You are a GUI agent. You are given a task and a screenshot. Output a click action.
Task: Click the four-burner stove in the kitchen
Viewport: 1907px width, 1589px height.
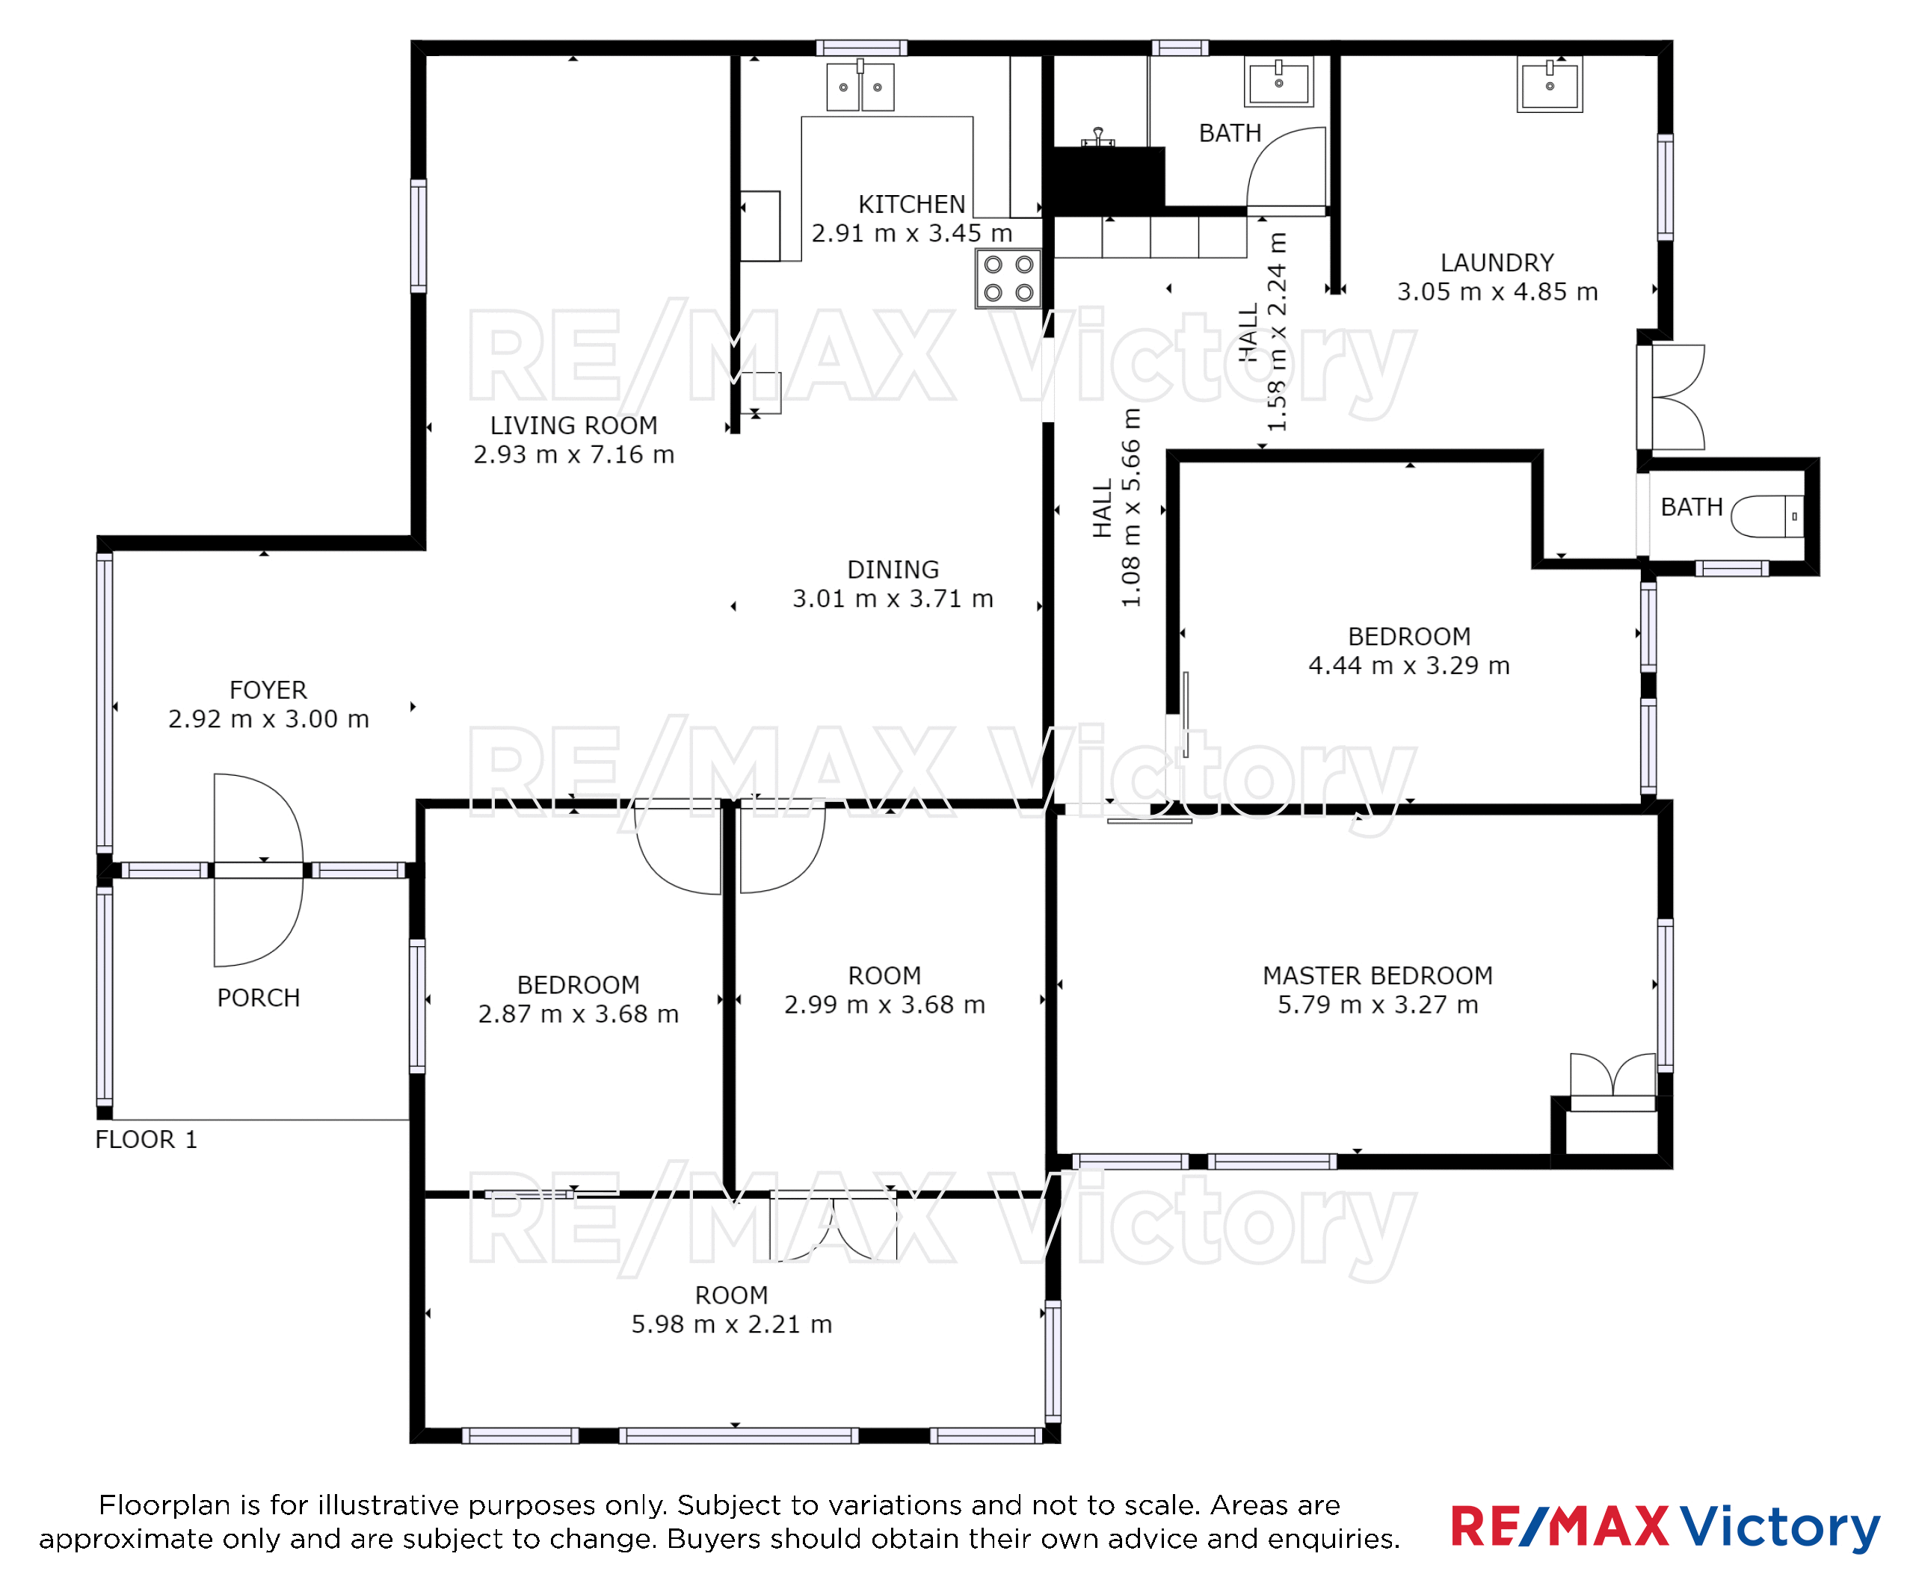coord(1008,279)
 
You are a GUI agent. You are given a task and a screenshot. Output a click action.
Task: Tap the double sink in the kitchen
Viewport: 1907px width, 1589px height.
coord(860,86)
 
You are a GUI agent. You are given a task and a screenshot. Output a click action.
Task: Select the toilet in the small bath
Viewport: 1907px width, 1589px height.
coord(1767,516)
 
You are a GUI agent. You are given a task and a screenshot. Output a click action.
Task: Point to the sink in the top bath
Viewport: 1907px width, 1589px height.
coord(1278,81)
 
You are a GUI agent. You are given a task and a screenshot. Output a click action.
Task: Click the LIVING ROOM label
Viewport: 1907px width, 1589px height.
coord(574,425)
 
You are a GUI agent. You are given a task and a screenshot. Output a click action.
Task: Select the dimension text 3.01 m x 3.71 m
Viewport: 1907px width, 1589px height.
coord(893,599)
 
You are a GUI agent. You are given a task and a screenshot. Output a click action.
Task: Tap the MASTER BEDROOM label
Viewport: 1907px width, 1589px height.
coord(1378,975)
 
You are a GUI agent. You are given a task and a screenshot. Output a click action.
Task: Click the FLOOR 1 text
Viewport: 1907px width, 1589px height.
coord(147,1140)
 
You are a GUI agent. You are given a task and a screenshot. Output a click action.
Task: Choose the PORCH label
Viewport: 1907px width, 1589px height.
coord(258,998)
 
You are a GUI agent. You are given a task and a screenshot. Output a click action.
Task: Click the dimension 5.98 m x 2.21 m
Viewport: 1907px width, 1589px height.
coord(732,1324)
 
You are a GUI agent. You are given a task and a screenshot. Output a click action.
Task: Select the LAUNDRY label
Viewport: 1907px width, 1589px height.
coord(1497,262)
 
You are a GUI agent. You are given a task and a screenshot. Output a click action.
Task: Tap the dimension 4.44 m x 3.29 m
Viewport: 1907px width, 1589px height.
coord(1408,665)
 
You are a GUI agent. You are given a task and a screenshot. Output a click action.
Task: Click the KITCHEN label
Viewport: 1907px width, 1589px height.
coord(912,204)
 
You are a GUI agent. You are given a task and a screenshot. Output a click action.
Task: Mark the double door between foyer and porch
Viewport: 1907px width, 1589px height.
coord(259,870)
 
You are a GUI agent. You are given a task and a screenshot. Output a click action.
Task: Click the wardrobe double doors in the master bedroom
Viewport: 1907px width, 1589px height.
coord(1612,1081)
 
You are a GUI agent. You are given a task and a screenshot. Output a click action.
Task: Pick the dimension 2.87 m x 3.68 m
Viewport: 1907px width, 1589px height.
coord(579,1013)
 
